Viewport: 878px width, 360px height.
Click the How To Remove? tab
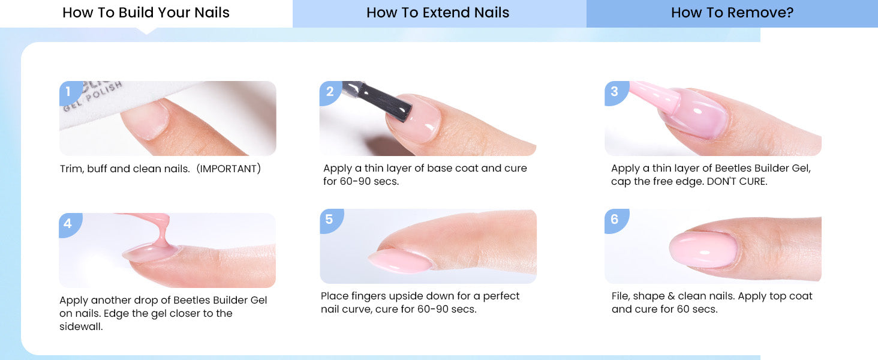click(732, 13)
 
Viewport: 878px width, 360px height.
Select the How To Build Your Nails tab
click(146, 13)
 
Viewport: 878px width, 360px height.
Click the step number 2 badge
click(330, 92)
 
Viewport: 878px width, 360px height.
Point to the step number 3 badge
click(615, 92)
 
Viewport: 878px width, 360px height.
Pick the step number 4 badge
click(69, 224)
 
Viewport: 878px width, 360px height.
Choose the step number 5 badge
click(330, 220)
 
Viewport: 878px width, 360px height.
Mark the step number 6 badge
click(615, 220)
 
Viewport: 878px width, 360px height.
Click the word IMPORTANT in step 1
click(228, 169)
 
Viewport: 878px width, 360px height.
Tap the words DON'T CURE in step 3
click(736, 182)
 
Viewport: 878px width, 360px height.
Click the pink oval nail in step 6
click(703, 250)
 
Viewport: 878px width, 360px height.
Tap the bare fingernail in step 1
click(146, 119)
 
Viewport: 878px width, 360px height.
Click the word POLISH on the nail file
click(104, 92)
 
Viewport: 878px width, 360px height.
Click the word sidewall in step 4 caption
click(80, 326)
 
